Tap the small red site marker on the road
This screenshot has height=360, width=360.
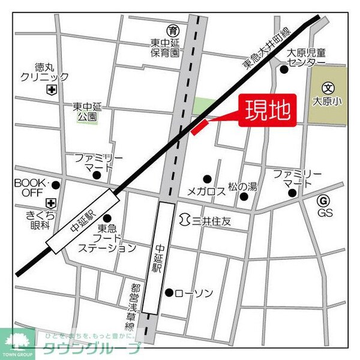click(199, 127)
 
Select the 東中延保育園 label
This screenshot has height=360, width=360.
click(165, 48)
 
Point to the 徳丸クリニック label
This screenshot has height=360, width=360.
click(44, 72)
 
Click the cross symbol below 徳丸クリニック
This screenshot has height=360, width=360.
click(52, 90)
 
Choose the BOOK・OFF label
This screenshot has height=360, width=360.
click(30, 187)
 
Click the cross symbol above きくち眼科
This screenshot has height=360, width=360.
click(52, 202)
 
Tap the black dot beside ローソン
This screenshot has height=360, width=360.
click(169, 292)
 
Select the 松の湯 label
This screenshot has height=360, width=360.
click(242, 187)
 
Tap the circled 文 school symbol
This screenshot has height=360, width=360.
click(327, 88)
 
